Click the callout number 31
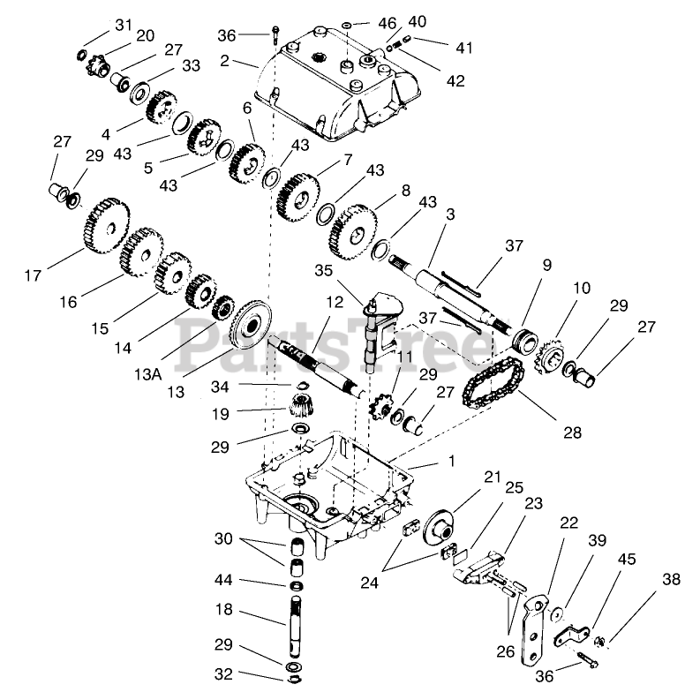(122, 22)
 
